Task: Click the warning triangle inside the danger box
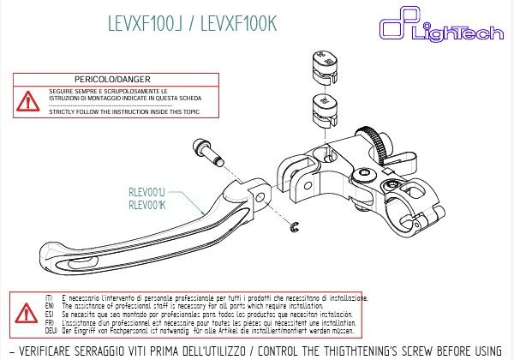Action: pyautogui.click(x=28, y=100)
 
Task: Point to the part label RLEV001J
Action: pyautogui.click(x=146, y=194)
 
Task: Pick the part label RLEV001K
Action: pyautogui.click(x=146, y=205)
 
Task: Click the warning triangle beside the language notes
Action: pyautogui.click(x=22, y=310)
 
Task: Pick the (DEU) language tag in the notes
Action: pyautogui.click(x=49, y=330)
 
